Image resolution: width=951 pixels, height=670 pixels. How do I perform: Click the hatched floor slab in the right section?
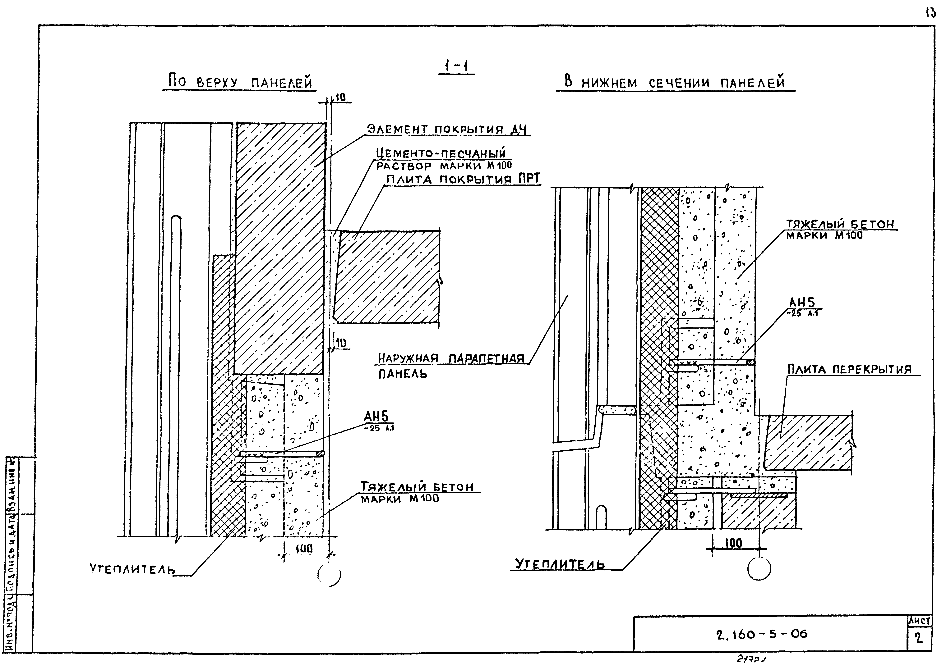coord(808,443)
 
